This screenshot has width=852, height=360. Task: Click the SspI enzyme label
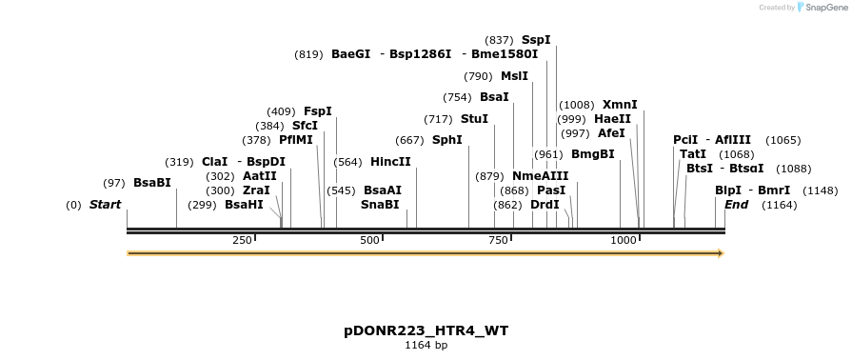536,40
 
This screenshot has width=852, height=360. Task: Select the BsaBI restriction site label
152,182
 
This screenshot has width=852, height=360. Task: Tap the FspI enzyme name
318,111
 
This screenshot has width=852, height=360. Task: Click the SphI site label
446,140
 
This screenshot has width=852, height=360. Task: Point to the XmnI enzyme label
620,105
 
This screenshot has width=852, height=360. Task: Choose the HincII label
390,162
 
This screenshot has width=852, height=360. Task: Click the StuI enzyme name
474,119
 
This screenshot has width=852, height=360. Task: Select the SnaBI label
380,205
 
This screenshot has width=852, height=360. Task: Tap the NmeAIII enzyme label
540,176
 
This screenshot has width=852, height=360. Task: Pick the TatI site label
693,154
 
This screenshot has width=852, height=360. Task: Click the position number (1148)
821,190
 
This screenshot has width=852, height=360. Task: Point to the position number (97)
114,183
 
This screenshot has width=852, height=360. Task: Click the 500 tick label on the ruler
370,240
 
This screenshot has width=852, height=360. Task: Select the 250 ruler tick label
242,240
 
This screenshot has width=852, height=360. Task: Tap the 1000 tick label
624,240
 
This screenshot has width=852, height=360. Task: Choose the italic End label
736,205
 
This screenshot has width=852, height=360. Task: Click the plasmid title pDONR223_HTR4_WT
426,331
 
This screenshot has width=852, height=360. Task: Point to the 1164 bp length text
426,346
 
